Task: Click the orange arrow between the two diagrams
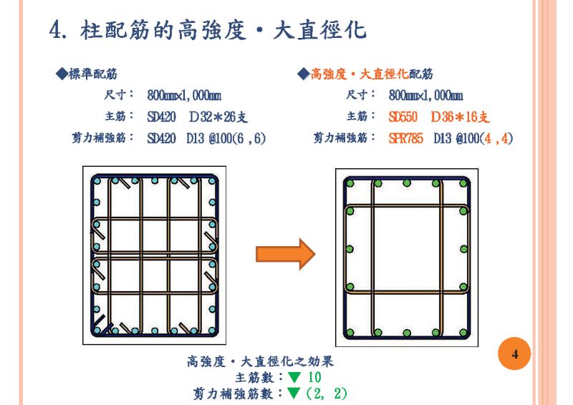pos(285,253)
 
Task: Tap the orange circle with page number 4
pos(514,354)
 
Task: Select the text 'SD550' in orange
pos(403,117)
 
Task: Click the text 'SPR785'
pos(406,138)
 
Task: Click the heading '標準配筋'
pos(93,74)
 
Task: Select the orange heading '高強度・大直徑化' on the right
pos(359,74)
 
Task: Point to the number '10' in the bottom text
pos(314,377)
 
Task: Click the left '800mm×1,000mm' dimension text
pos(184,95)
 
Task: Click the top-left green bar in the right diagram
pos(350,183)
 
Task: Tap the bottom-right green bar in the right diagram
pos(463,332)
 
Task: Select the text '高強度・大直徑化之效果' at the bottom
pos(259,362)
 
